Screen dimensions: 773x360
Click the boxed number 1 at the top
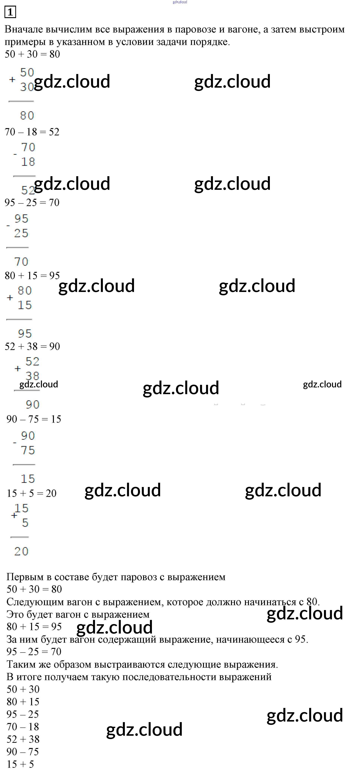click(x=10, y=12)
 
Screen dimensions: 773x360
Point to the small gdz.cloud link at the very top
click(x=180, y=2)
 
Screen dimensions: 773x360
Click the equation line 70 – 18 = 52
click(x=32, y=132)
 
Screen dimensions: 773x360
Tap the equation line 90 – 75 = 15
click(x=34, y=419)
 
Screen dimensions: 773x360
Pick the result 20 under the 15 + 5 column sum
click(x=21, y=551)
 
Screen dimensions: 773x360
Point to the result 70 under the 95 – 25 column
click(x=21, y=262)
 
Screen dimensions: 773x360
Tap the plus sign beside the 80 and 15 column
click(x=10, y=298)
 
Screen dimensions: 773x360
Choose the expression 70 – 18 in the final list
click(x=23, y=727)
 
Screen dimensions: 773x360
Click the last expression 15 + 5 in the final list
click(x=20, y=764)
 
